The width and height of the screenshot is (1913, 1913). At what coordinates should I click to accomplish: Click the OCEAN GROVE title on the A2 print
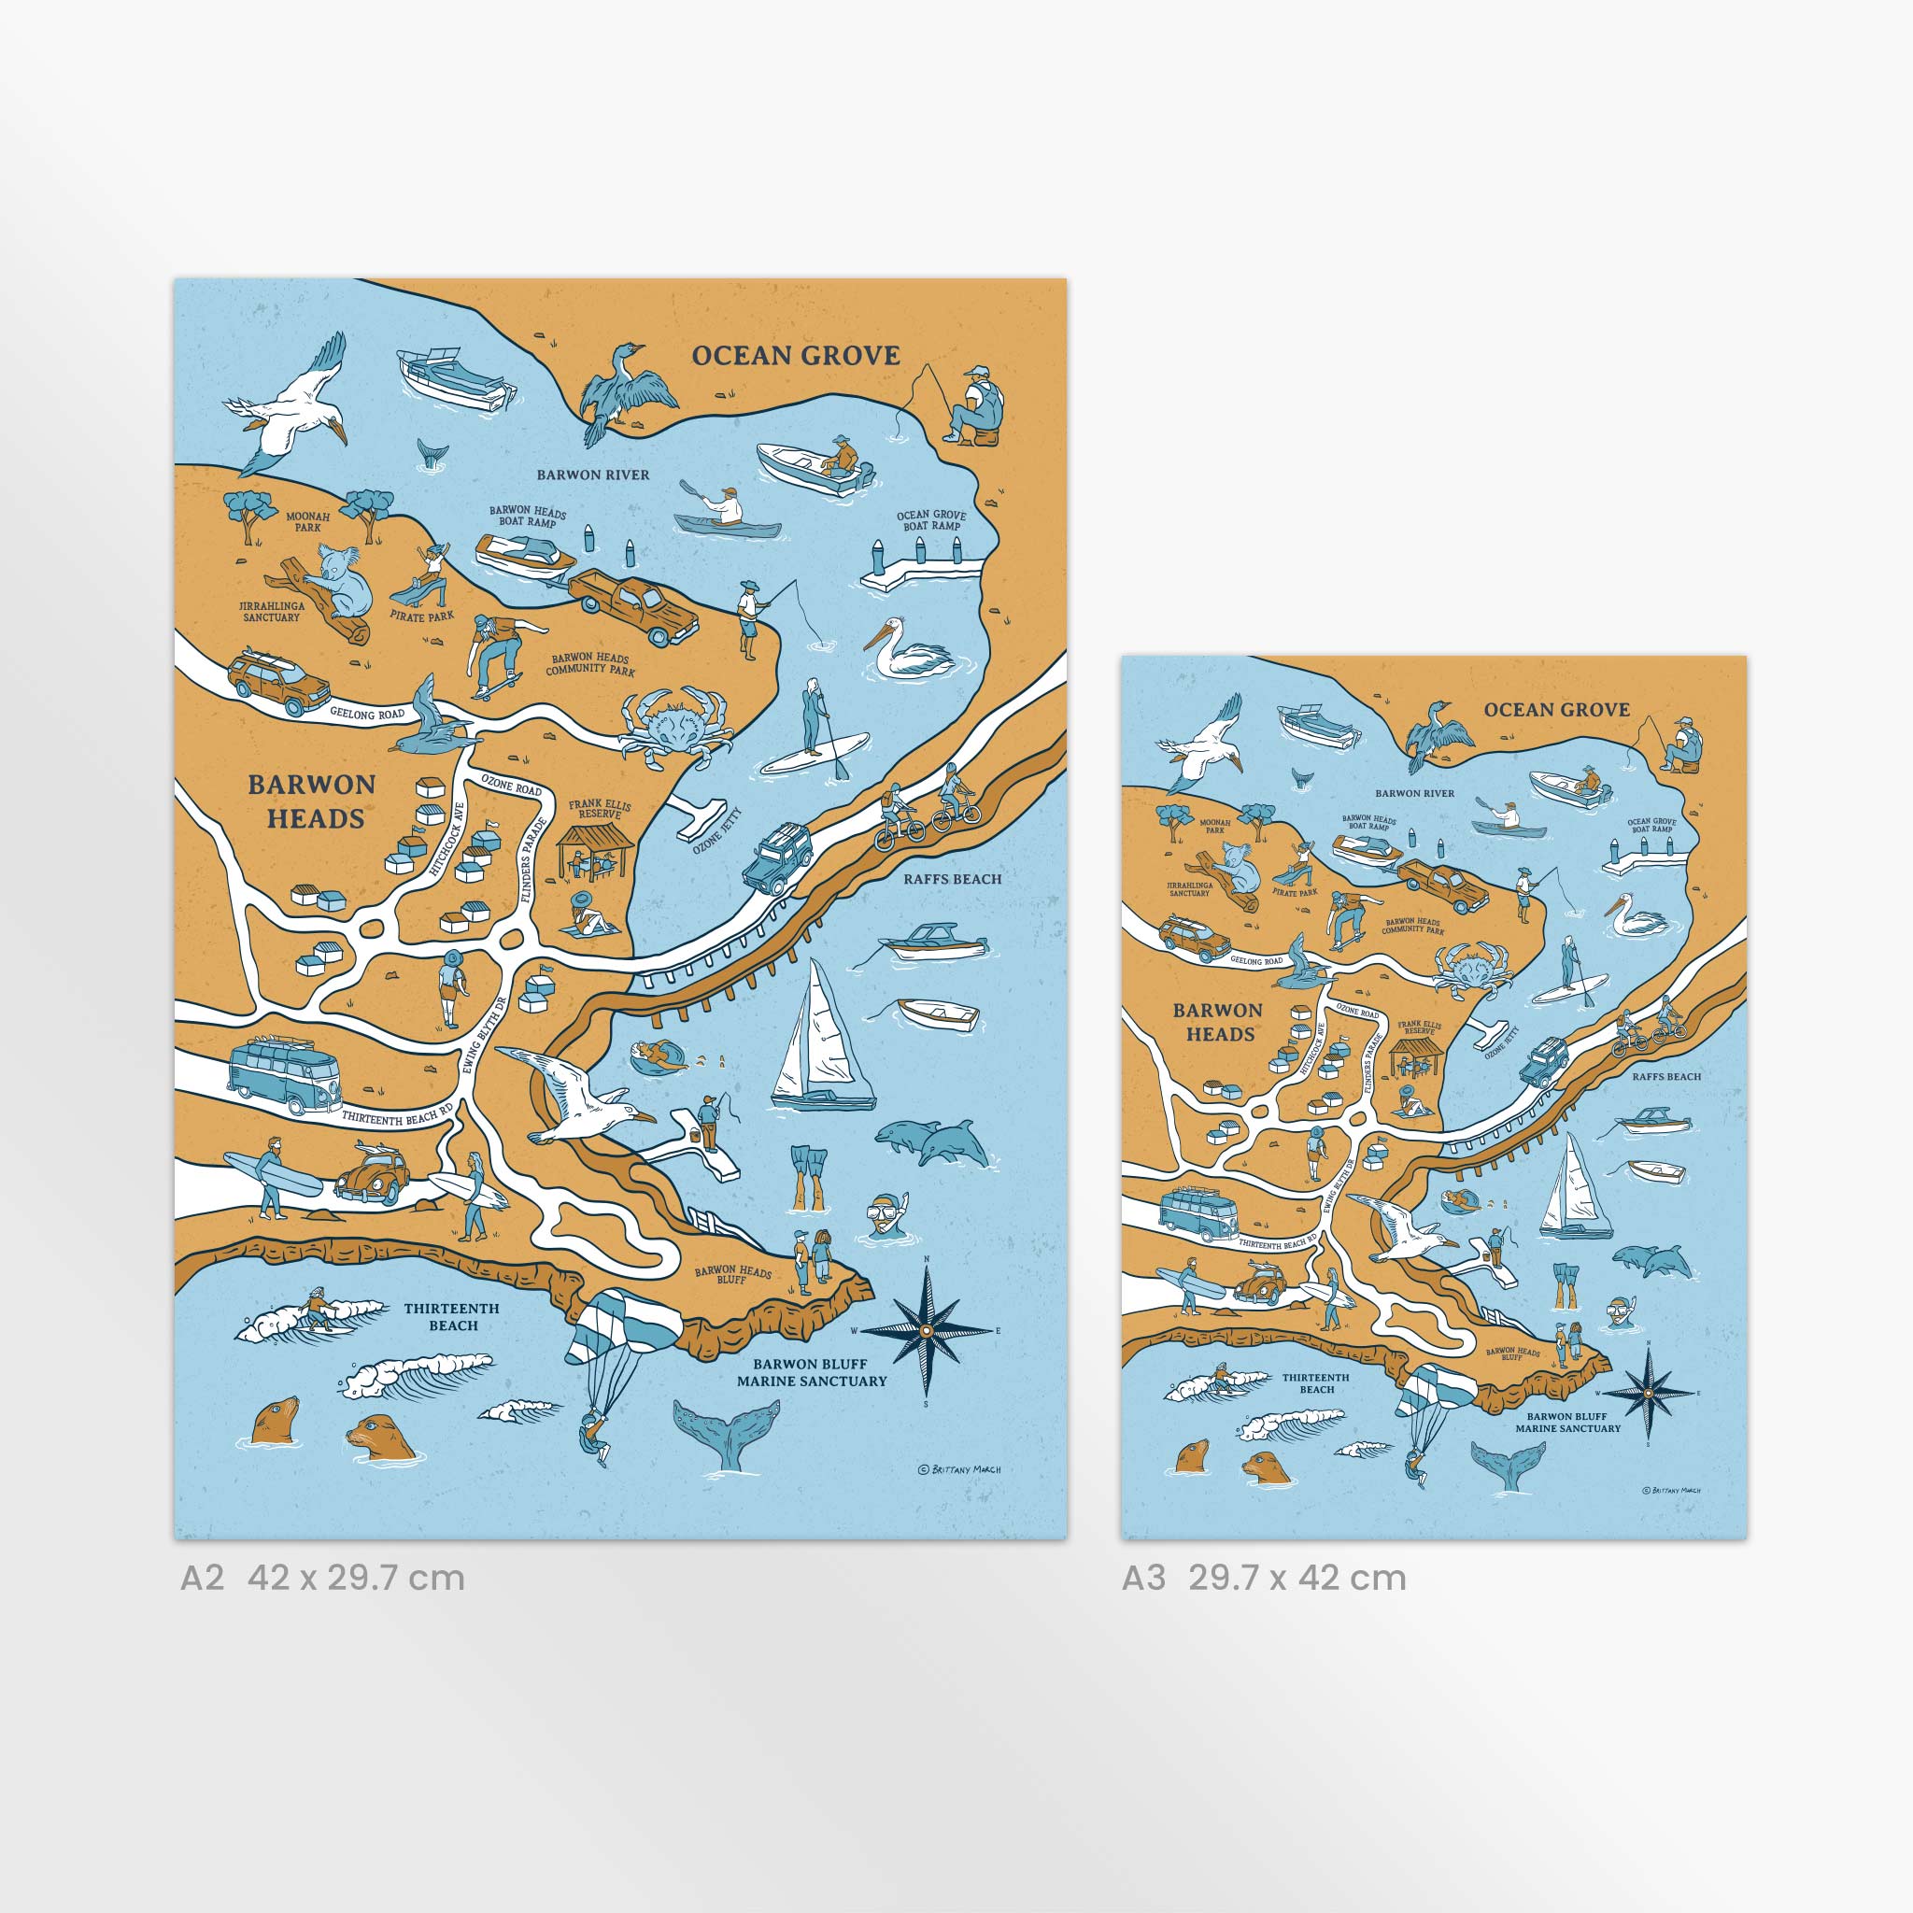coord(795,356)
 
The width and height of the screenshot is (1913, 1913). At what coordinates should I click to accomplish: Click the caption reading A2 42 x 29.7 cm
coord(323,1578)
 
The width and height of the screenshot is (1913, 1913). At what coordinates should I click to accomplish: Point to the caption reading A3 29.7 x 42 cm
coord(1264,1578)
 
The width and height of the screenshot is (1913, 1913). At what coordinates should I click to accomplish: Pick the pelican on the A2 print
coord(907,650)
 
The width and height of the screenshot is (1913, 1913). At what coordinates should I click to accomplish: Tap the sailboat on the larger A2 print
coord(820,1040)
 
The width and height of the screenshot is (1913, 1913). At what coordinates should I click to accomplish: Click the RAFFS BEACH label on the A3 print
coord(1666,1076)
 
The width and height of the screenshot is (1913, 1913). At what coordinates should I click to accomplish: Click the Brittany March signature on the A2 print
coord(958,1469)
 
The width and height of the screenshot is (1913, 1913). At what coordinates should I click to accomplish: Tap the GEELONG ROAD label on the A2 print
coord(367,713)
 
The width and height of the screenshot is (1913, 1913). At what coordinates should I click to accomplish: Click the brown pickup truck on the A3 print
coord(1446,885)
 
